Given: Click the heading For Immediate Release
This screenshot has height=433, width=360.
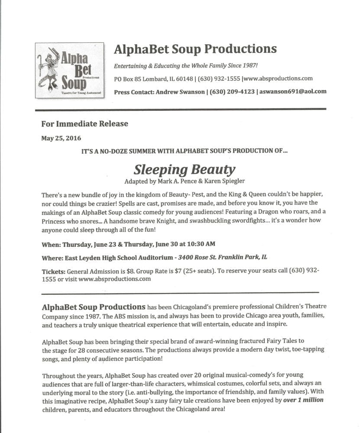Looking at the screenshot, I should coord(84,123).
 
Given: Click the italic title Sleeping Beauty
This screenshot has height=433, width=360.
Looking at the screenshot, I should coord(184,168).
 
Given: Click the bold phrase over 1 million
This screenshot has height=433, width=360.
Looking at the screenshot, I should coord(303,400).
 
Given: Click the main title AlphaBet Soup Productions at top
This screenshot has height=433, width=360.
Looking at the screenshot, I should coord(195,49).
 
